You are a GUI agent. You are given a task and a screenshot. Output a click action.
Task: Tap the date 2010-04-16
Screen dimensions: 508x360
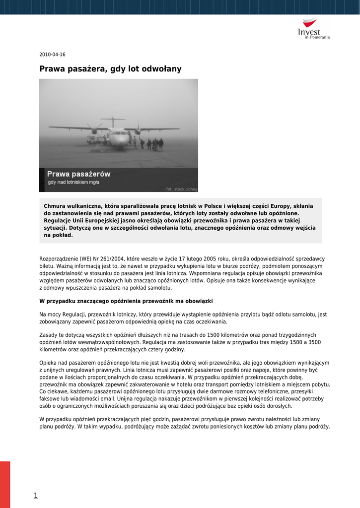(52, 55)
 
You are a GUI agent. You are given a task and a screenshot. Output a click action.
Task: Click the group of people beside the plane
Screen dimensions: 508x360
(154, 144)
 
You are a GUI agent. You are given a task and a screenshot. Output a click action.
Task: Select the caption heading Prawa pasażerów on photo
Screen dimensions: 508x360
(78, 174)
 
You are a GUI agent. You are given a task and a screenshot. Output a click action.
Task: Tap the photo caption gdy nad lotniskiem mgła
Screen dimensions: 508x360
(73, 183)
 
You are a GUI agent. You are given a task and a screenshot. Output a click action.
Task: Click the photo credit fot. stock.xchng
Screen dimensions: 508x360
(181, 189)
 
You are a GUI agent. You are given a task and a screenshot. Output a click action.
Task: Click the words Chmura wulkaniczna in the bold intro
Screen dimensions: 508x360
(72, 205)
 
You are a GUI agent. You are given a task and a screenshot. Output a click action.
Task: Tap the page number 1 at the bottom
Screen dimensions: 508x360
(35, 495)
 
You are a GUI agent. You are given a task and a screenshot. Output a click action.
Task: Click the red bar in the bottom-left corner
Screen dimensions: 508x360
(5, 484)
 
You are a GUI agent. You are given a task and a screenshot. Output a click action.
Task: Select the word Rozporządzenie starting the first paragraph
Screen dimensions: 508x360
(59, 259)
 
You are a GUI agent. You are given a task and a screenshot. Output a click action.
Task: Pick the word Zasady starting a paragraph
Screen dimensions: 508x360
(48, 335)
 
